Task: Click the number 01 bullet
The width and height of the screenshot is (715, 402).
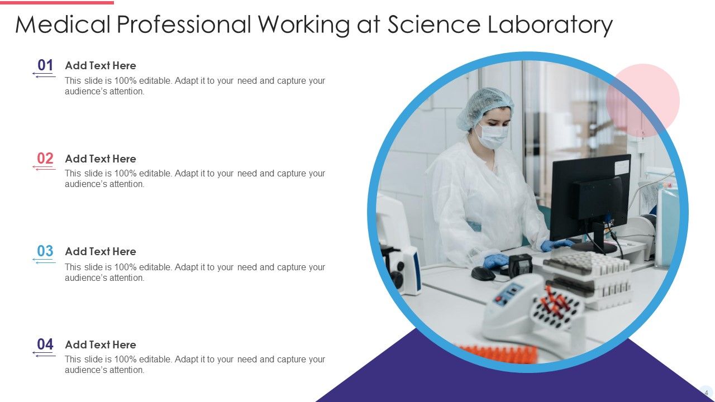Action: [45, 65]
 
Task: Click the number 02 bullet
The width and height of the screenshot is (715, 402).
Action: [45, 159]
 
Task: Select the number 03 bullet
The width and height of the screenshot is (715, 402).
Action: [45, 251]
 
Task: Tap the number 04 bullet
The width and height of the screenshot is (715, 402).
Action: [45, 344]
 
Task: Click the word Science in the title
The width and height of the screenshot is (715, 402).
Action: [432, 25]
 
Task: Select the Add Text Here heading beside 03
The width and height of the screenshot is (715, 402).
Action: [101, 251]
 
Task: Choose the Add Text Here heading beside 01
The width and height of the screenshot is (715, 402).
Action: [101, 65]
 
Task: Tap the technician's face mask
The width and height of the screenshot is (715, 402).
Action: [493, 136]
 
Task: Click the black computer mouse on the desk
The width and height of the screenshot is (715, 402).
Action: [483, 274]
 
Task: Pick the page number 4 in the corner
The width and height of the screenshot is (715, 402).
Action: [706, 393]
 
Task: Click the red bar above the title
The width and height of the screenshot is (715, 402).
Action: [57, 2]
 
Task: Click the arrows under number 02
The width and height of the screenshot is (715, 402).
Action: [45, 169]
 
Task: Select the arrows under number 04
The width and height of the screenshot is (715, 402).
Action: [45, 355]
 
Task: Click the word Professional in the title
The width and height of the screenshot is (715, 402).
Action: [185, 25]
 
